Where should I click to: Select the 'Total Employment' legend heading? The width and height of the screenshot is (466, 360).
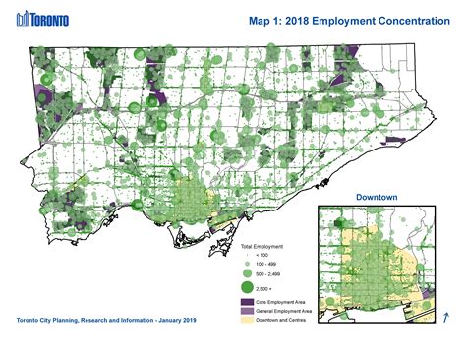(x=262, y=246)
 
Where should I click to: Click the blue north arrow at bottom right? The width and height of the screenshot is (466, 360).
(x=447, y=316)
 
